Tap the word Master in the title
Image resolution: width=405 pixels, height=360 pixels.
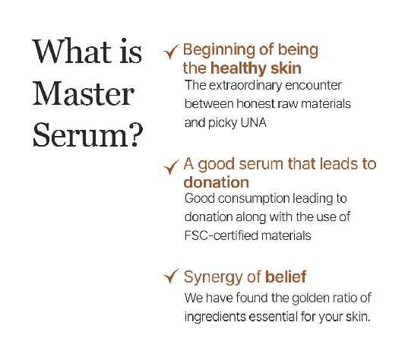(84, 93)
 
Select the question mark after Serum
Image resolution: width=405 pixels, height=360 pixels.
(136, 134)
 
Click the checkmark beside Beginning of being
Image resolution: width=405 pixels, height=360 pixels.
(171, 52)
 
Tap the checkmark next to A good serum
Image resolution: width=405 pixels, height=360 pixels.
(171, 167)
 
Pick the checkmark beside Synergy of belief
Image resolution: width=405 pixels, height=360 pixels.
(171, 276)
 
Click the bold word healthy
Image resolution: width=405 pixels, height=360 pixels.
(239, 68)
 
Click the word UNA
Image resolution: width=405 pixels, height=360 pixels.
(253, 123)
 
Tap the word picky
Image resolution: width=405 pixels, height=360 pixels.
(223, 124)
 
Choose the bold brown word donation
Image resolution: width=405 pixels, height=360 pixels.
(217, 182)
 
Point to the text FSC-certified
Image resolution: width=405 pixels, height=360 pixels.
(221, 235)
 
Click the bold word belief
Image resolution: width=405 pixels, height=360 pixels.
(286, 276)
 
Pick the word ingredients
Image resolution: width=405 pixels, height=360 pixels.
(215, 317)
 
